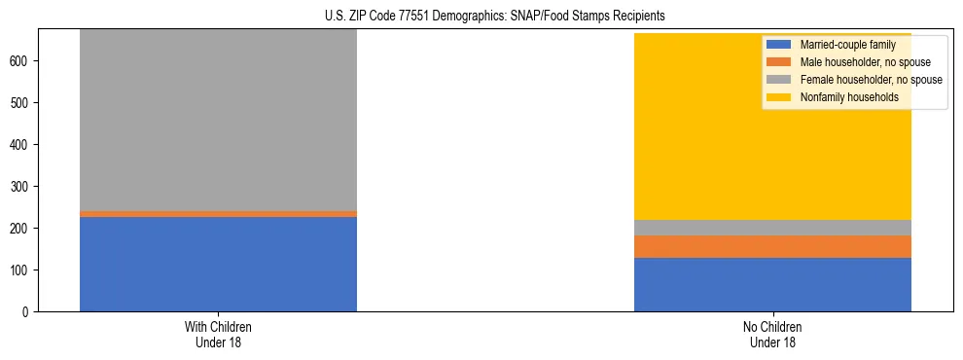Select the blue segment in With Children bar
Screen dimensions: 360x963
pyautogui.click(x=218, y=264)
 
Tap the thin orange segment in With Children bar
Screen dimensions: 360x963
pyautogui.click(x=218, y=214)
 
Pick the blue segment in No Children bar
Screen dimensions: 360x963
pyautogui.click(x=772, y=284)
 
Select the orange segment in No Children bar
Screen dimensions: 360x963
pyautogui.click(x=772, y=246)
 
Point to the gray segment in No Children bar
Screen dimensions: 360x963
pyautogui.click(x=772, y=228)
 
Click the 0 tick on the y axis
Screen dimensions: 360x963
pyautogui.click(x=28, y=311)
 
